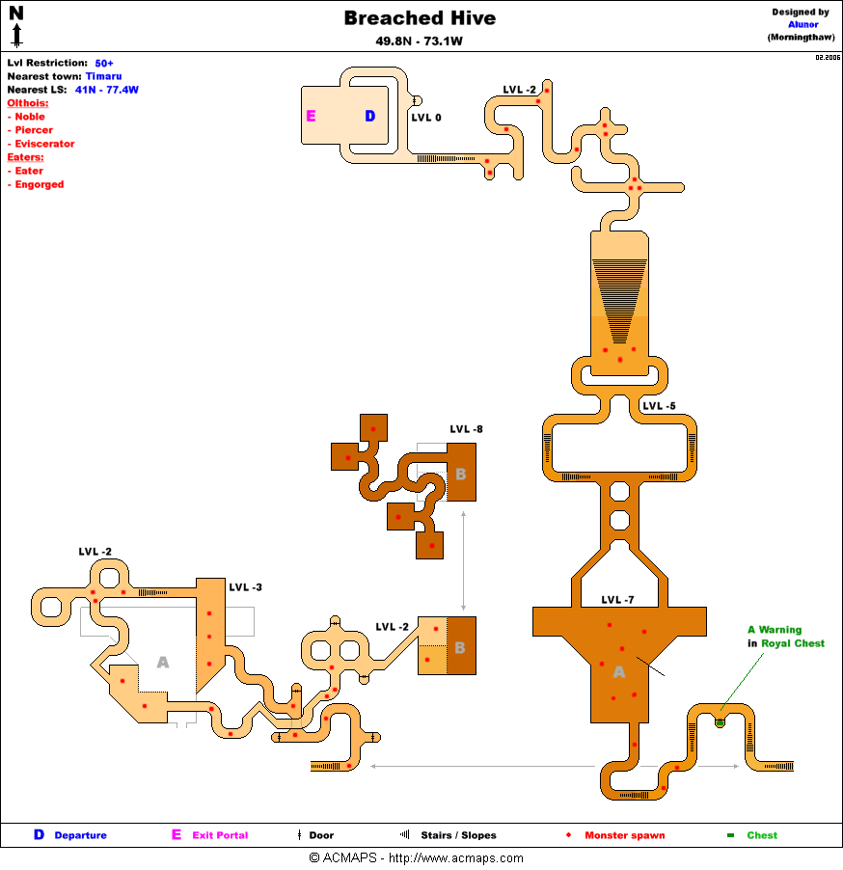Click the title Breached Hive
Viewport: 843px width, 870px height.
420,18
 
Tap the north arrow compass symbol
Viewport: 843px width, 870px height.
16,26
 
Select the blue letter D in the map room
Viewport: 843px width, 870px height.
369,117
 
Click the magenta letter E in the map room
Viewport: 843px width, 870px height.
311,117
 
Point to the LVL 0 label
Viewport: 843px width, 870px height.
426,118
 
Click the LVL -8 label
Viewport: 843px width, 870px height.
466,429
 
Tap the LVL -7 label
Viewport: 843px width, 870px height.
617,600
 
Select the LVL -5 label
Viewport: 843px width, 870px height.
659,406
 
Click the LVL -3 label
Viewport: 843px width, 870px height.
245,586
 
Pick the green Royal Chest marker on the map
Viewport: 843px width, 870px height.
720,721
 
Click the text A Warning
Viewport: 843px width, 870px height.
775,630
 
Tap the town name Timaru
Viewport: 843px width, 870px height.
103,76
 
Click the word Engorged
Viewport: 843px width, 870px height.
40,184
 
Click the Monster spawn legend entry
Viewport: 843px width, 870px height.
624,835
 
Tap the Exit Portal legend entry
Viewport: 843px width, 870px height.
219,835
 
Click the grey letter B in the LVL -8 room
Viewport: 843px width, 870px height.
460,474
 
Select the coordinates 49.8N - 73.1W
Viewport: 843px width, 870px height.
420,41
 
